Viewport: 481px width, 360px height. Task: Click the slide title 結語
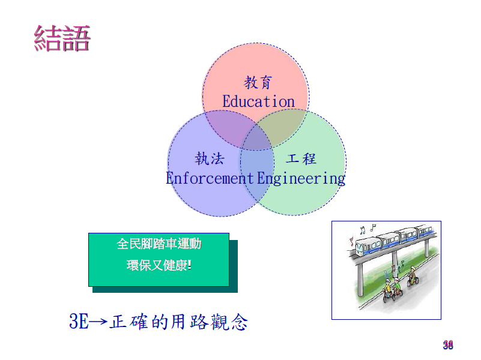coord(62,38)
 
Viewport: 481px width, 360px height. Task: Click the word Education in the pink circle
coord(258,101)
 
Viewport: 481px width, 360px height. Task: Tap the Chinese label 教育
coord(258,82)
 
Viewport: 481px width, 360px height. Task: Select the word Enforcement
coord(210,178)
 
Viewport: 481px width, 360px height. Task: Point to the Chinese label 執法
coord(210,159)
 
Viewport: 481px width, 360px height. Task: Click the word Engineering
coord(301,179)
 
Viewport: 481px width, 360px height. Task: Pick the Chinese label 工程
coord(301,159)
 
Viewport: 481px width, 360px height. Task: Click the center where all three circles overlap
coord(256,139)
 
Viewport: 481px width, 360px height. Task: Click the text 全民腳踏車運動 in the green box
coord(159,244)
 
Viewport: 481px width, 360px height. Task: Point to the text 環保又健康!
coord(159,265)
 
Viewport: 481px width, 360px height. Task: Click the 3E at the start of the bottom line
coord(79,321)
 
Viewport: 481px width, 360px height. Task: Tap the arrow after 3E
coord(98,322)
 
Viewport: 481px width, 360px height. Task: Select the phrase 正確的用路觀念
coord(178,322)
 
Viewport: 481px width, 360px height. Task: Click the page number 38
coord(448,345)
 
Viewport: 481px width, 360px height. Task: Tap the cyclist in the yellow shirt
coord(387,291)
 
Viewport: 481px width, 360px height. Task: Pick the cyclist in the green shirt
coord(397,289)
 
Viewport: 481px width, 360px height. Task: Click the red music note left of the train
coord(351,241)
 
